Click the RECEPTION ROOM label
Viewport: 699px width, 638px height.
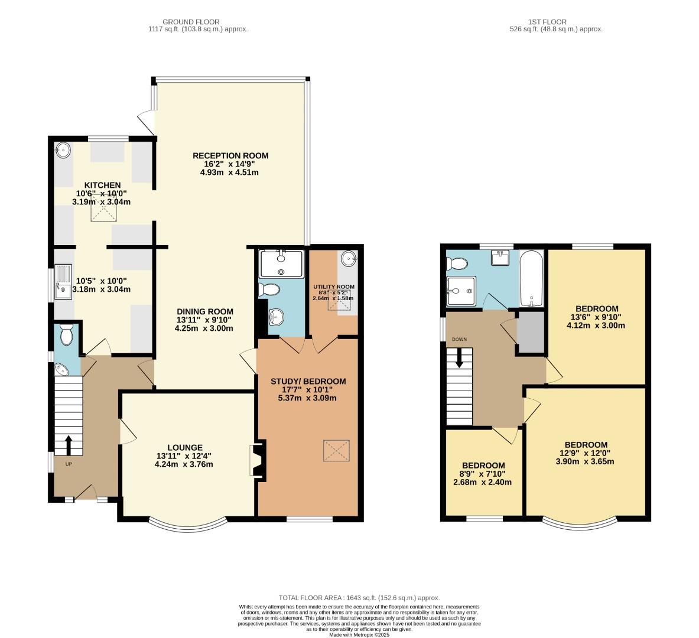point(230,156)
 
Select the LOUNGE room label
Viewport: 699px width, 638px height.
point(184,447)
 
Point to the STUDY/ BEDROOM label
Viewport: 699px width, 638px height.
point(308,381)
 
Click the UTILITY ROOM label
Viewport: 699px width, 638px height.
point(333,287)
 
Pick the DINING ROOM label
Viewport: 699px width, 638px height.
point(204,311)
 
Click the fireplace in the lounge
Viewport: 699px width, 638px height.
point(257,458)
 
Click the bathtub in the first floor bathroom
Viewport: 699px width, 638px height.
point(531,278)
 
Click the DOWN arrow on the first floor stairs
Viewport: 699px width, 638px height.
point(459,357)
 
